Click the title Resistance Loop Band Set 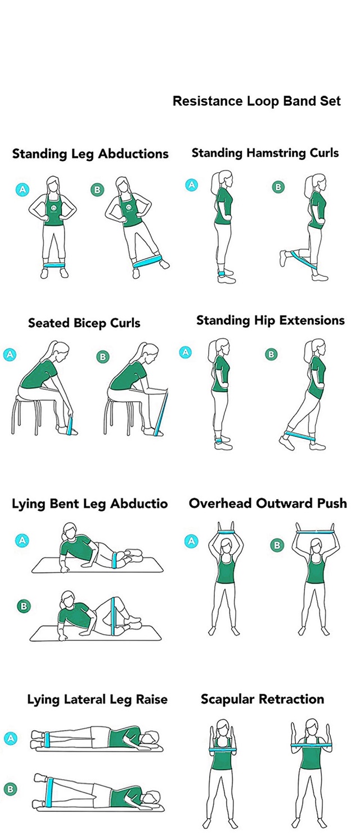point(256,101)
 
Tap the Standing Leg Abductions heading point(91,154)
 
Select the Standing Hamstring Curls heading point(265,153)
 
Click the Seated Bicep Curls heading point(84,324)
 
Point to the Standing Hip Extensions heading point(271,321)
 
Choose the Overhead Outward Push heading point(268,503)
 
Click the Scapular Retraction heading point(263,699)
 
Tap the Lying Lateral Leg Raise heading point(97,700)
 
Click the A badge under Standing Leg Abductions point(22,190)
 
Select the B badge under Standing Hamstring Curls point(278,187)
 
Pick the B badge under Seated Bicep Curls point(103,357)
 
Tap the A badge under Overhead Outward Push point(191,541)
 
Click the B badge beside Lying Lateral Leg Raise point(11,789)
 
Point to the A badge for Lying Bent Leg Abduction point(22,540)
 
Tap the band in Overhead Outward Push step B point(316,532)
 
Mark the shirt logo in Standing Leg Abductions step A point(53,208)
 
